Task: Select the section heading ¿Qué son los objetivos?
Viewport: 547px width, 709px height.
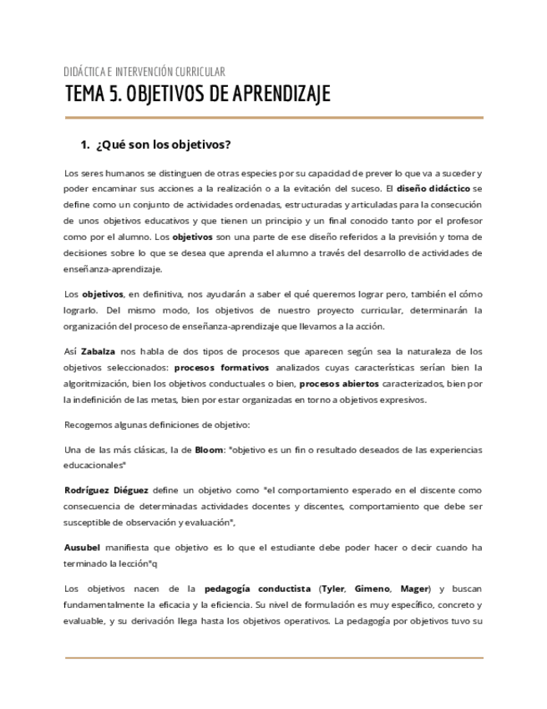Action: (164, 144)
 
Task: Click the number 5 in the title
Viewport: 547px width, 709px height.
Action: (113, 94)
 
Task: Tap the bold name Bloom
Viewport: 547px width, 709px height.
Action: (209, 449)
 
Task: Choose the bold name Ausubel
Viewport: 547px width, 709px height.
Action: (83, 547)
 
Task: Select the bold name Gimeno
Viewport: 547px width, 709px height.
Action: (372, 588)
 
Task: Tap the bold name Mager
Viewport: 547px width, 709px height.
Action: (415, 588)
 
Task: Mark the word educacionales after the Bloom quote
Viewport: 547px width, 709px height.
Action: (95, 465)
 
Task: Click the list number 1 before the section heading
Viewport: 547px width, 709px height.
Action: (84, 144)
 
